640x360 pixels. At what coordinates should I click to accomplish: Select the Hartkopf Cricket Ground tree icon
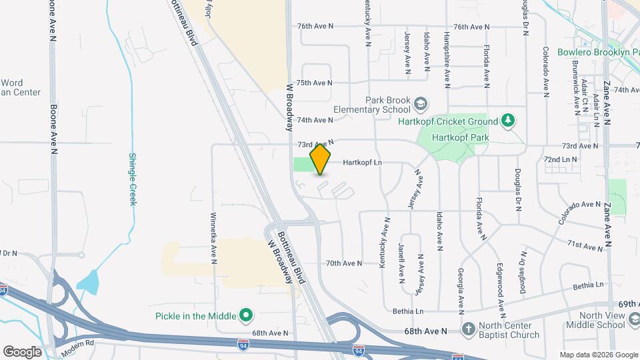click(509, 121)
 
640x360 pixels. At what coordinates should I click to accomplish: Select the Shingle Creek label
click(132, 179)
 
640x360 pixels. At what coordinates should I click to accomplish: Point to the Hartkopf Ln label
click(362, 162)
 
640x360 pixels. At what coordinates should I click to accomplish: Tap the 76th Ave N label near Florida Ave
click(471, 27)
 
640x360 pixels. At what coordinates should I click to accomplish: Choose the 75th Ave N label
click(314, 83)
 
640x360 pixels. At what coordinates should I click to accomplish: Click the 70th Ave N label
click(344, 263)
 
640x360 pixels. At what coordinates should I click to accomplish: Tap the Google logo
click(22, 351)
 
